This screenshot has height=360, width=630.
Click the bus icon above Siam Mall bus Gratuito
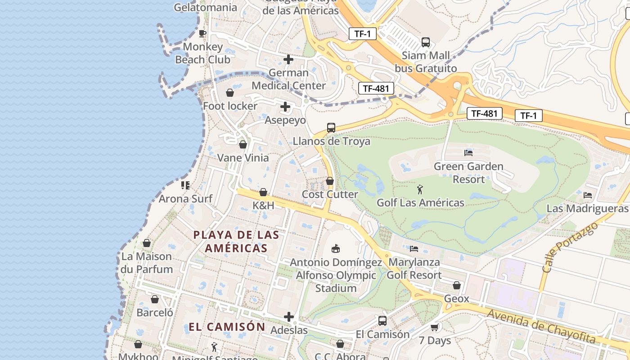(425, 42)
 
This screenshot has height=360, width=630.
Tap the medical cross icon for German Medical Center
(288, 59)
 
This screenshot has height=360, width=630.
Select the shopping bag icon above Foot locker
(230, 93)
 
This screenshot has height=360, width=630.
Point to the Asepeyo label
(285, 120)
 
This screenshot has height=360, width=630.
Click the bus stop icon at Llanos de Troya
(331, 128)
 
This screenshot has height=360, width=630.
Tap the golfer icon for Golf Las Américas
(420, 189)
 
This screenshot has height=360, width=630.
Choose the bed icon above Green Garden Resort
(468, 153)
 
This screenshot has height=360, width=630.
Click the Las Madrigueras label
(587, 209)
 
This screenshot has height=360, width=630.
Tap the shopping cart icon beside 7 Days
(434, 328)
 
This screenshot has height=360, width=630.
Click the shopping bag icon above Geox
(457, 285)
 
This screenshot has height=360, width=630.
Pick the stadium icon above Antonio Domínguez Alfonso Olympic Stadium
(335, 248)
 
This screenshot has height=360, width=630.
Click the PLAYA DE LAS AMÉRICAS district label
(236, 241)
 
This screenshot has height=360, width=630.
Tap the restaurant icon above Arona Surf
(185, 185)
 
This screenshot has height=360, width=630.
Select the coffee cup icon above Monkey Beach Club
(202, 33)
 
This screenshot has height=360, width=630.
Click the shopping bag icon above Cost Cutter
(330, 181)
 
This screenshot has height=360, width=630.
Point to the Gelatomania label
(205, 7)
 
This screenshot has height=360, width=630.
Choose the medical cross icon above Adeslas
(289, 317)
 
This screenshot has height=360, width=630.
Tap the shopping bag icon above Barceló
(155, 299)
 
